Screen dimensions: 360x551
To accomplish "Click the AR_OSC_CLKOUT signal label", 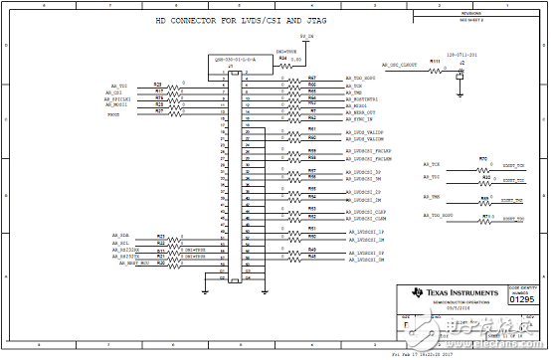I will (x=403, y=65).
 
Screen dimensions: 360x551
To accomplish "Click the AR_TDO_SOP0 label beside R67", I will (x=364, y=78).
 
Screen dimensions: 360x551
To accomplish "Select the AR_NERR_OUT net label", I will (x=362, y=112).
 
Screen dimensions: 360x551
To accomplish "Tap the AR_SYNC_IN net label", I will (x=361, y=119).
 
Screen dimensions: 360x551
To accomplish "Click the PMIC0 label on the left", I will (x=115, y=115).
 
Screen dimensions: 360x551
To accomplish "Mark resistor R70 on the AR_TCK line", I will (x=483, y=159).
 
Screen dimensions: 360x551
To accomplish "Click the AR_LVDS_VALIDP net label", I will (x=364, y=132).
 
